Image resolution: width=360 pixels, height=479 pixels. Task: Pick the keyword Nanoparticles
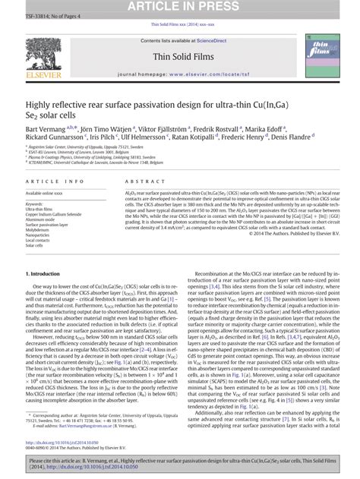pyautogui.click(x=39, y=235)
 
